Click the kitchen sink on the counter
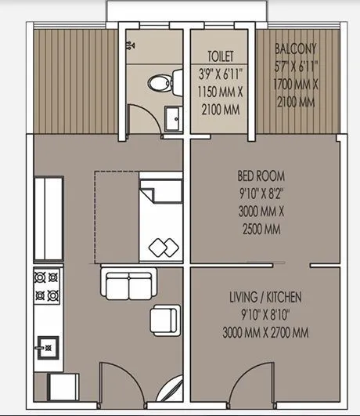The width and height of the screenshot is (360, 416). [47, 344]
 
